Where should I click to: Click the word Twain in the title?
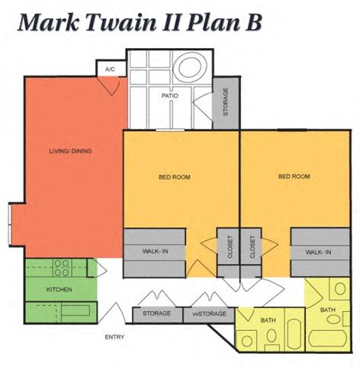(121, 22)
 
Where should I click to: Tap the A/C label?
(110, 69)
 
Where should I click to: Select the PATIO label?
(170, 96)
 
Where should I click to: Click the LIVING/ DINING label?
(70, 151)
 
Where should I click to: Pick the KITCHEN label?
(59, 290)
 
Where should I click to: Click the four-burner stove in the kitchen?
(62, 268)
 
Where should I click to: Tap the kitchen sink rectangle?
(76, 310)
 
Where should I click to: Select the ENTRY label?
(114, 337)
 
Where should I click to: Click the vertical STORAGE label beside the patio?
(226, 101)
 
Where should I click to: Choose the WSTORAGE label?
(209, 314)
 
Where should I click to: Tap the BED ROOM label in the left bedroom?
(175, 177)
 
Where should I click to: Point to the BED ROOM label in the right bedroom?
(294, 176)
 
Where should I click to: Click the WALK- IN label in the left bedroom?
(156, 252)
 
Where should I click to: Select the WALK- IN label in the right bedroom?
(318, 252)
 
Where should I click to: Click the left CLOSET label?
(230, 247)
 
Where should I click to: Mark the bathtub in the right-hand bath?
(328, 339)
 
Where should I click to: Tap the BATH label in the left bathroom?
(268, 320)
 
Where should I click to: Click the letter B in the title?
(253, 22)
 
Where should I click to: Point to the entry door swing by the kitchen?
(113, 313)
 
